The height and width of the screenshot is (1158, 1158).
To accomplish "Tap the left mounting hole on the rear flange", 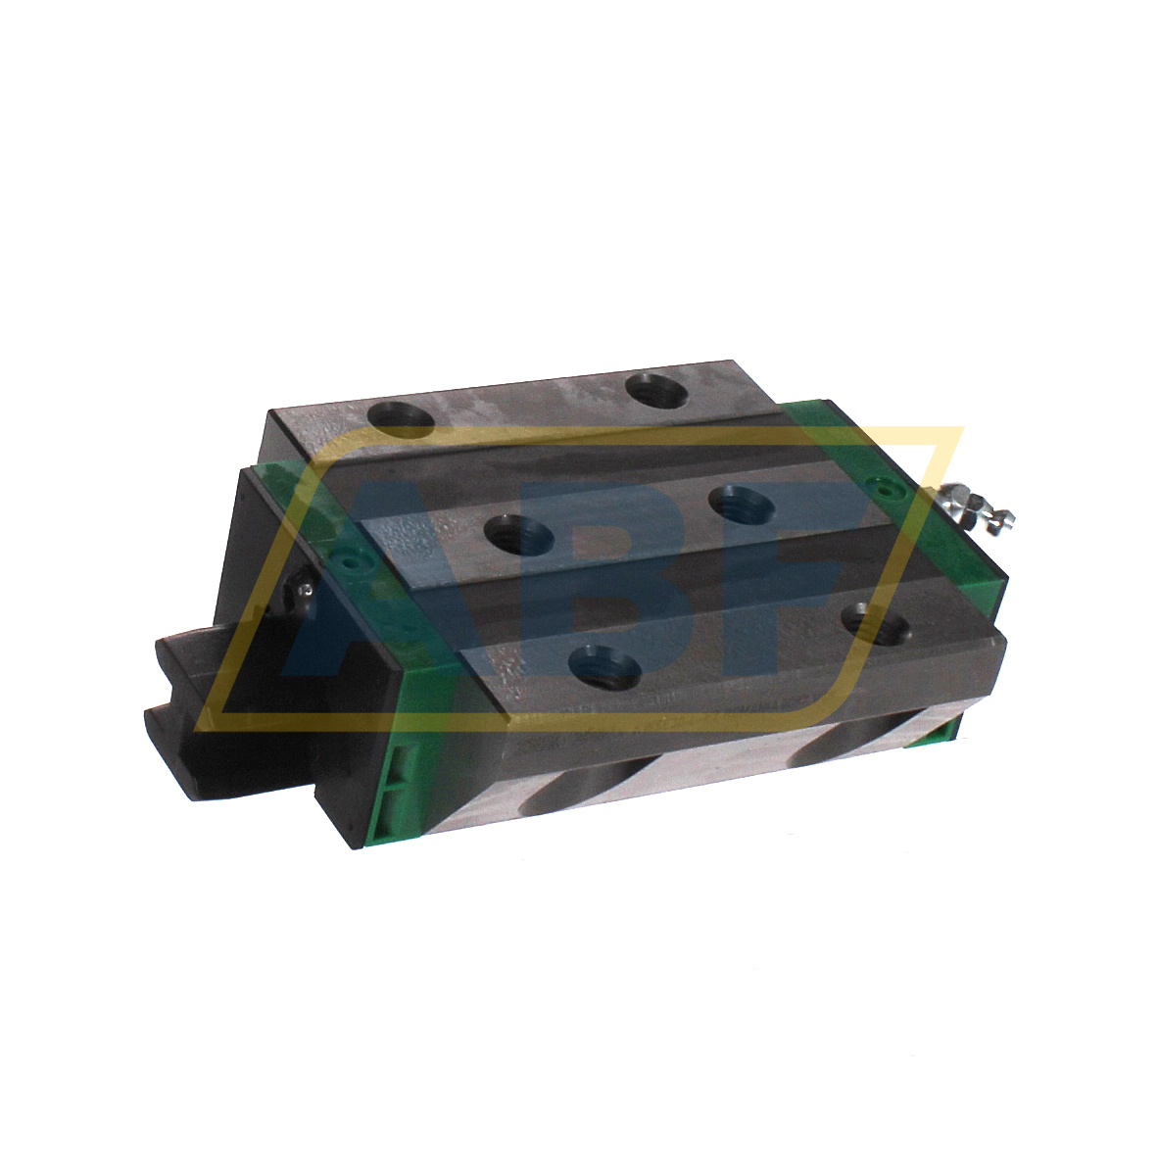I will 401,418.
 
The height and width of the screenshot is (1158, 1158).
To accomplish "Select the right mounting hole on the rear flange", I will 658,392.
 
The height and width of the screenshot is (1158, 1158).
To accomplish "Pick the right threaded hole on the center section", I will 741,505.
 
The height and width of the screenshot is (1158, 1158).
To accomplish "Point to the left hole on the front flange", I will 604,668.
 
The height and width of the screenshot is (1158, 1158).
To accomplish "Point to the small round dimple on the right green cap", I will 887,484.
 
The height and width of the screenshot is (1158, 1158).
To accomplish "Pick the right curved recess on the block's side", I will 843,745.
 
